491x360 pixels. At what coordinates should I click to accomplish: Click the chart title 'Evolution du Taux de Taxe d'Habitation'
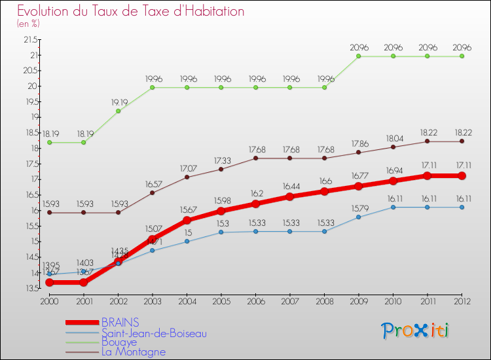tap(131, 11)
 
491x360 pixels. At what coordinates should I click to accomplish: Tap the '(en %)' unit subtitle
tap(29, 24)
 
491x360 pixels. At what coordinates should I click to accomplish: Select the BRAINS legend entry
tap(120, 323)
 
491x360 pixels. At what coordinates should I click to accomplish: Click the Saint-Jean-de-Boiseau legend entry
tap(149, 333)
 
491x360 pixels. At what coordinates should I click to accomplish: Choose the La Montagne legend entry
tap(134, 351)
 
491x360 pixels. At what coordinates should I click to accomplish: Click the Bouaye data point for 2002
tap(118, 111)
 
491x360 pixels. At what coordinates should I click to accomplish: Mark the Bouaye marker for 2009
tap(359, 56)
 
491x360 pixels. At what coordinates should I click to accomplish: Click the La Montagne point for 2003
tap(153, 192)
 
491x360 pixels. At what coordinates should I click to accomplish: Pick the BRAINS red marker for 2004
tap(187, 220)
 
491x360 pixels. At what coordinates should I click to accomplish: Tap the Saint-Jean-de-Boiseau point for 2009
tap(359, 217)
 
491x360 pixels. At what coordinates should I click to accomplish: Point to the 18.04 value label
tap(393, 138)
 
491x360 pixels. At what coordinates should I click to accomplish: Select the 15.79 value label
tap(359, 208)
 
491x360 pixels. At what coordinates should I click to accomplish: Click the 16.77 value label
tap(359, 175)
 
